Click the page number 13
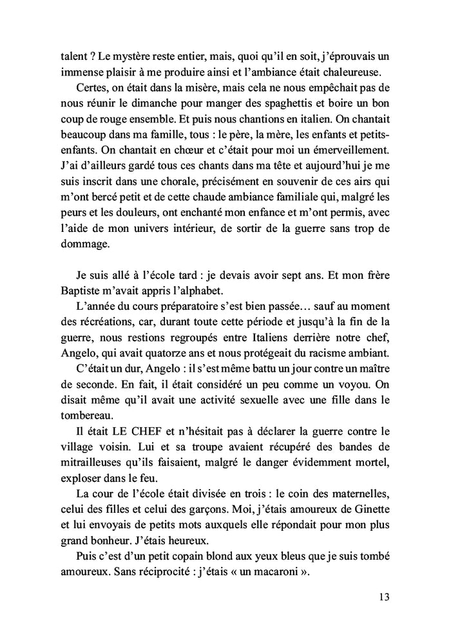point(384,597)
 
